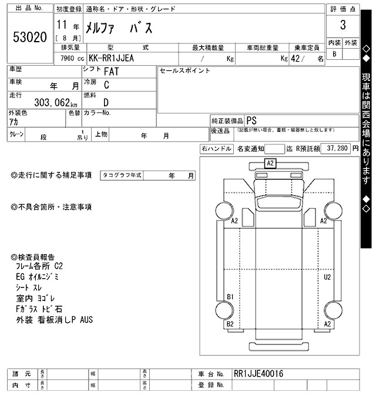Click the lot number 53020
click(29, 37)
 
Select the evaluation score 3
click(343, 26)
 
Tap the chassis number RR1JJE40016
click(258, 374)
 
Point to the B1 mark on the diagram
click(231, 296)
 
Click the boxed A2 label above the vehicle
click(271, 163)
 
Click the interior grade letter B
click(335, 54)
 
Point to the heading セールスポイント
click(184, 70)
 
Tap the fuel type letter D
click(106, 102)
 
